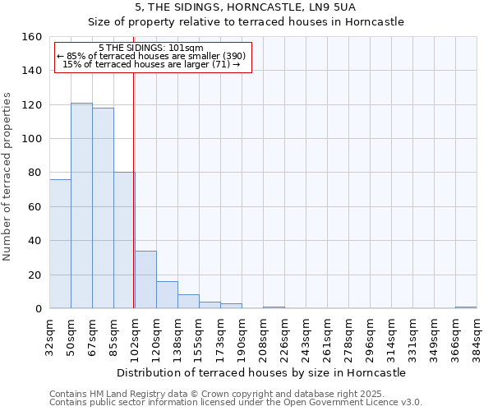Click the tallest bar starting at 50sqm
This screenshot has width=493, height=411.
point(81,205)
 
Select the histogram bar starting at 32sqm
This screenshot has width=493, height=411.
point(60,244)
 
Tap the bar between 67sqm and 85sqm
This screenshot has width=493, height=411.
point(103,208)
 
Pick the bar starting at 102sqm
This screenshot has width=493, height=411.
point(145,279)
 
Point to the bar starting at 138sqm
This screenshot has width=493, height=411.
point(188,302)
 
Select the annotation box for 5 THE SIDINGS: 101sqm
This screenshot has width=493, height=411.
point(153,57)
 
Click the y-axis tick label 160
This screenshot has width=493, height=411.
point(32,37)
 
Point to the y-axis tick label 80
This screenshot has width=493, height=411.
point(35,173)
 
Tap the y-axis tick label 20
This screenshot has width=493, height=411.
point(35,275)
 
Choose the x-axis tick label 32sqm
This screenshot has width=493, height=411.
point(49,334)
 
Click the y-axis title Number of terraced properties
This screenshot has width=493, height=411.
point(8,173)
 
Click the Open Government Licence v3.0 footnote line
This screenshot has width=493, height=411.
point(236,402)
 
